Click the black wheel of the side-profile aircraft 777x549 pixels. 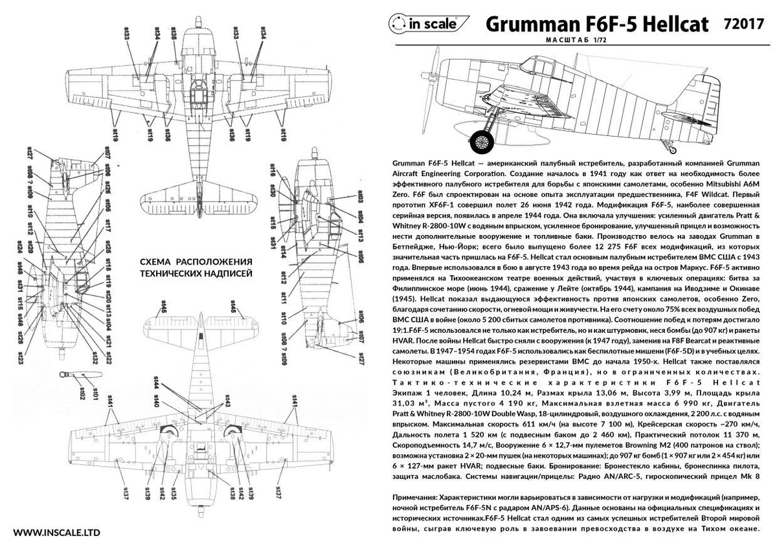(482, 138)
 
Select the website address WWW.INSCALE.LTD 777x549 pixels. (56, 533)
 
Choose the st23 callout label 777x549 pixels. (21, 357)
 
